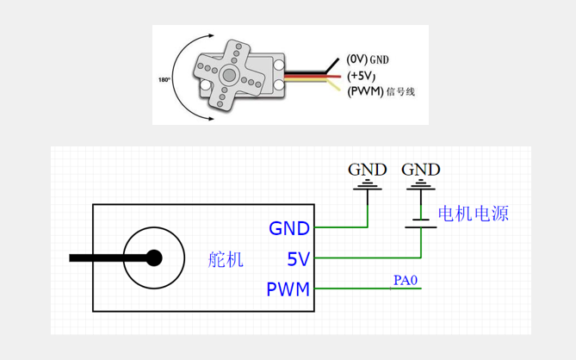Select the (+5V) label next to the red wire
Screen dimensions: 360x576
pos(363,76)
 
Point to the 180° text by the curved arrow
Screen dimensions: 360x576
pos(164,79)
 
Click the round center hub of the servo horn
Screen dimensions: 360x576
pos(230,75)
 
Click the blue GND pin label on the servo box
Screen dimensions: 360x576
pos(289,229)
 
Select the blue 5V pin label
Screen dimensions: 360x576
pos(298,258)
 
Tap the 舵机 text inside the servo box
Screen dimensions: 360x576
pos(226,259)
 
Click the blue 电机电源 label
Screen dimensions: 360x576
pos(473,213)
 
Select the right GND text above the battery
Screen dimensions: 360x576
pos(420,169)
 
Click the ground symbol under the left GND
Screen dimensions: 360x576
pos(369,185)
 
